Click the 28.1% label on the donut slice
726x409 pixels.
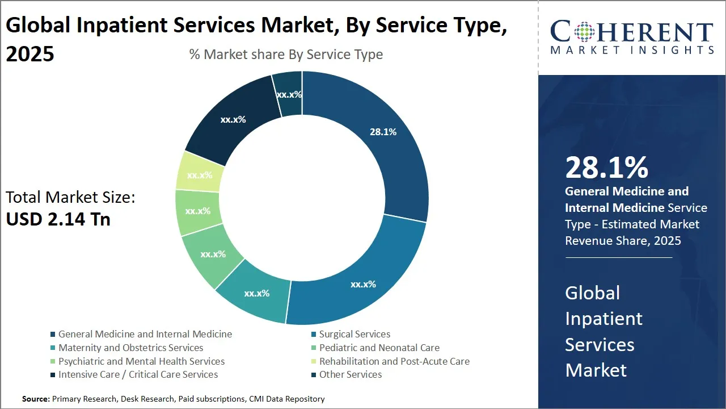click(383, 132)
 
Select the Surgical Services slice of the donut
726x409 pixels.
click(363, 284)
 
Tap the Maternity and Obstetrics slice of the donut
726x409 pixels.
click(256, 294)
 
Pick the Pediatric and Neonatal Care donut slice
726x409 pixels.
click(213, 254)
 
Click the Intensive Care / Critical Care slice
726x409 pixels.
click(233, 120)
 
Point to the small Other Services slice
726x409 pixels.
click(289, 94)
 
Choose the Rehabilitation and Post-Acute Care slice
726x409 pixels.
click(199, 175)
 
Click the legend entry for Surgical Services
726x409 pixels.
click(354, 334)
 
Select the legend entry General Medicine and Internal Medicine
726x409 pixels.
click(145, 334)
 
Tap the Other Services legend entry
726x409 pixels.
click(350, 374)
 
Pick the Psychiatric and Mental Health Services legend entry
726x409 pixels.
click(141, 361)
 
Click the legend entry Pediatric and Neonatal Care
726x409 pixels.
click(379, 348)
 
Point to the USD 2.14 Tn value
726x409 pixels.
click(58, 219)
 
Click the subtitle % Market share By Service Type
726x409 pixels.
click(286, 55)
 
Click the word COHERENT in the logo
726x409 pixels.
click(632, 32)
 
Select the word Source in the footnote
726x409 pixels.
click(35, 399)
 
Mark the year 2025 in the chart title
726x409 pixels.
click(30, 53)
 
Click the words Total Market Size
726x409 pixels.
click(70, 198)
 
